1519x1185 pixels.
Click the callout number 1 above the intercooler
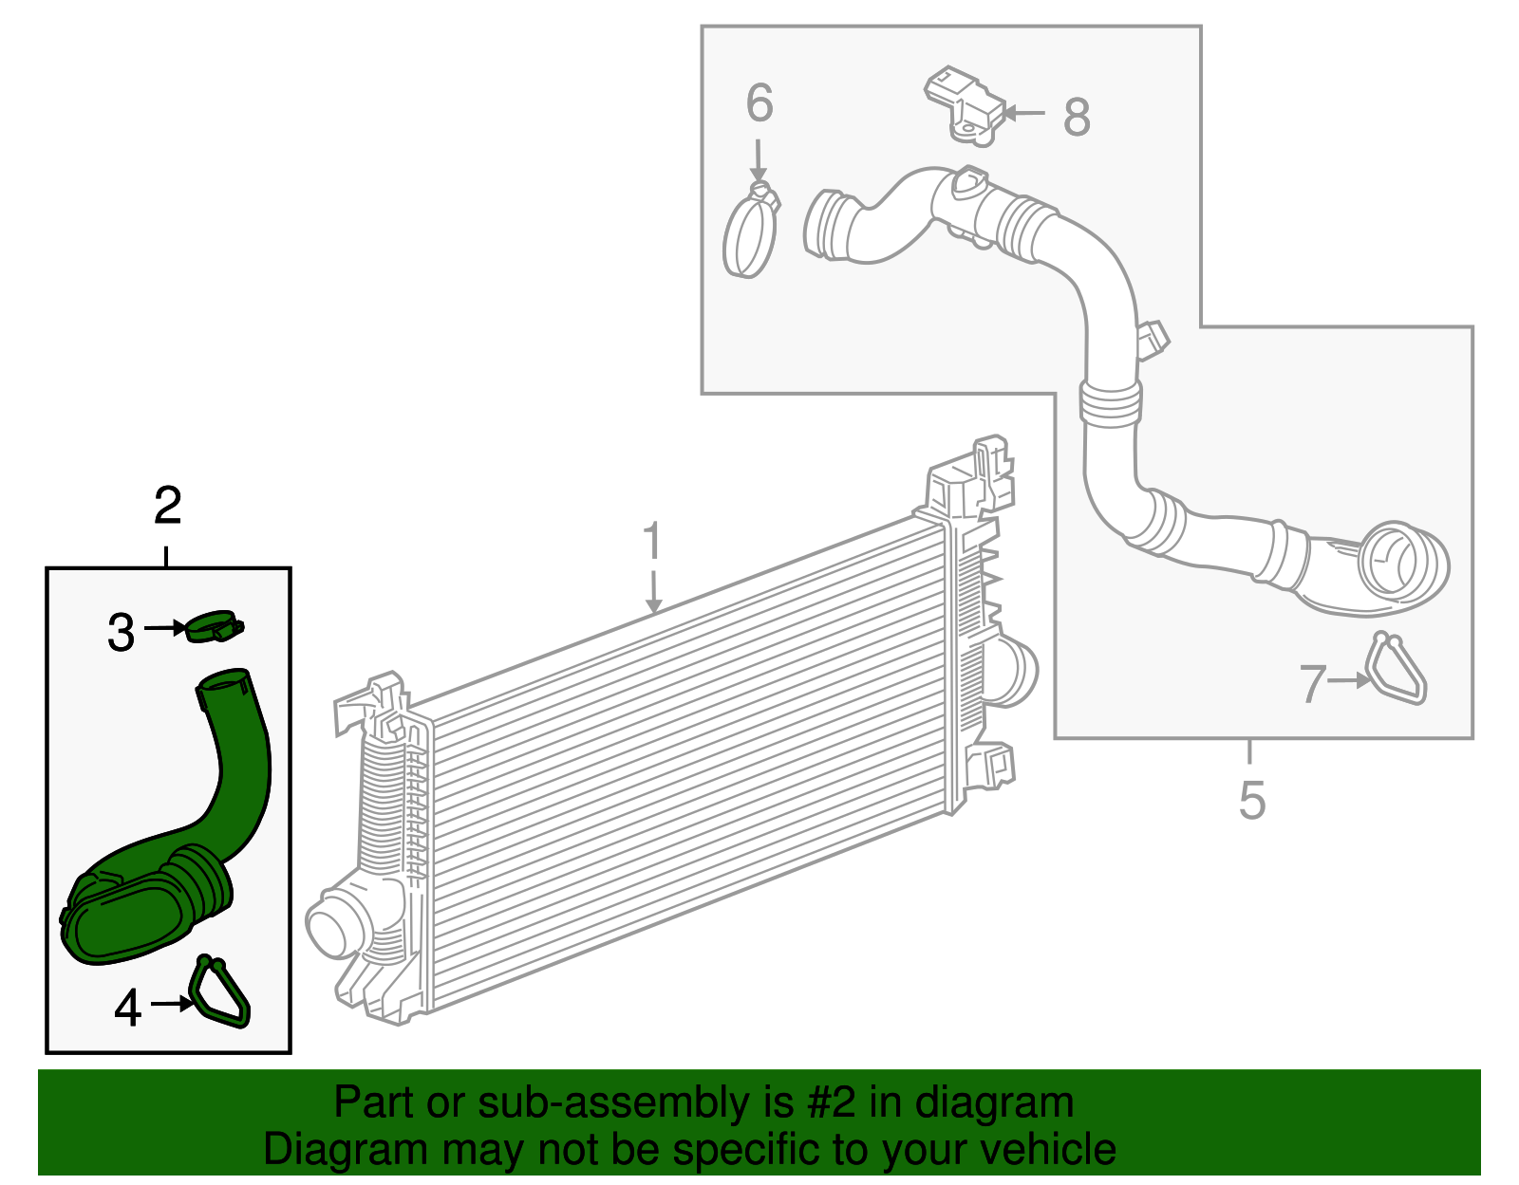651,541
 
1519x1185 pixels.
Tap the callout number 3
121,633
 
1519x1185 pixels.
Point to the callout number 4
127,1008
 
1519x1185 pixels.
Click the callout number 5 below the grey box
1252,800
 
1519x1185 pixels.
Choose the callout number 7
1312,683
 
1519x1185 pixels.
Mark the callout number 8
1077,118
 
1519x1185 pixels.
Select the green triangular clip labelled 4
221,992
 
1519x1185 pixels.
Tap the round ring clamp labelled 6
750,233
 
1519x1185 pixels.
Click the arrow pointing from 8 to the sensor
1023,113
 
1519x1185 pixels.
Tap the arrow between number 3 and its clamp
166,627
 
